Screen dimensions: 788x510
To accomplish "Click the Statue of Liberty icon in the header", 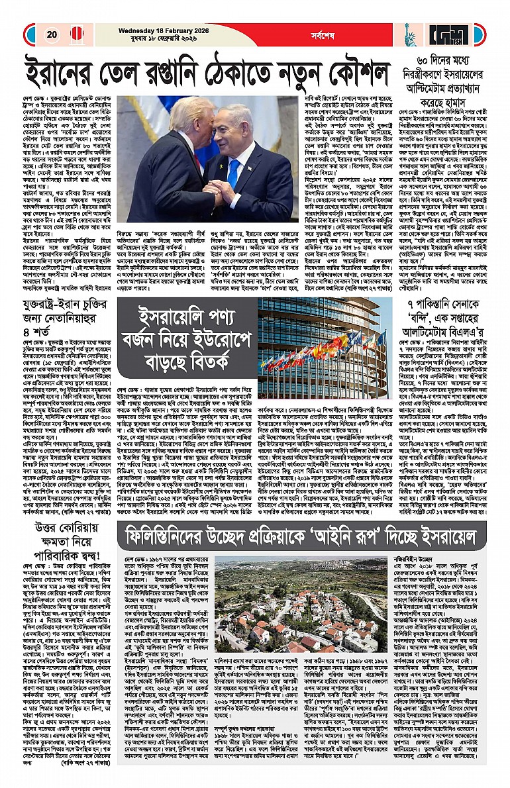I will (409, 33).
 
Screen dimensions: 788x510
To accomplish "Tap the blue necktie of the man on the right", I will (232, 173).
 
